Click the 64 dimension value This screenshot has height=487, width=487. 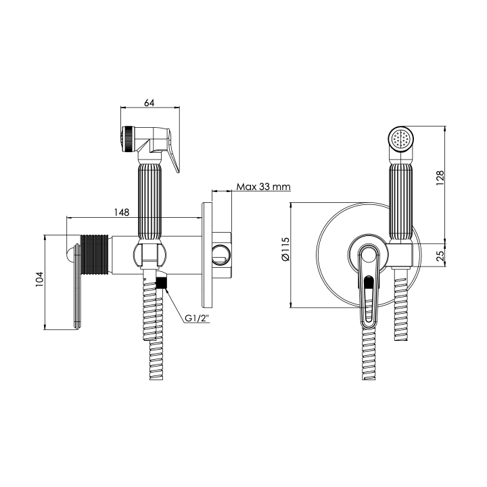(149, 103)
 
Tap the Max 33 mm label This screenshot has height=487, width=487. (263, 187)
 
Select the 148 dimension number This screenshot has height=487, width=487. (122, 212)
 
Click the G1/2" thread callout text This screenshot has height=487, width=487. (197, 319)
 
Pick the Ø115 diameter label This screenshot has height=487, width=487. (285, 249)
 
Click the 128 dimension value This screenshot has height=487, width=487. (440, 178)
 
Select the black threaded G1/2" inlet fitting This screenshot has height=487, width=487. (161, 283)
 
